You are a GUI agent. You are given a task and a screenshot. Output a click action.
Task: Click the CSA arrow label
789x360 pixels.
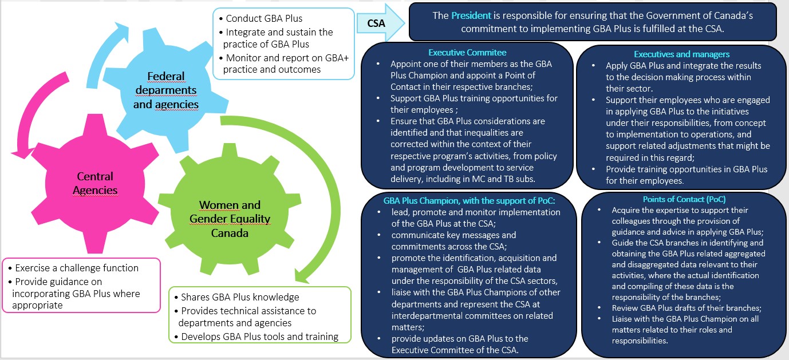click(x=376, y=24)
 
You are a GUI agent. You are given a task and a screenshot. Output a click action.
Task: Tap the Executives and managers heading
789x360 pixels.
click(x=681, y=54)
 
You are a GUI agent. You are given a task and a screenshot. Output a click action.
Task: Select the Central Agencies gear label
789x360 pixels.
click(x=96, y=183)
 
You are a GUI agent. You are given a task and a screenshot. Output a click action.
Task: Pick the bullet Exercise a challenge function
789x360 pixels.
click(x=77, y=268)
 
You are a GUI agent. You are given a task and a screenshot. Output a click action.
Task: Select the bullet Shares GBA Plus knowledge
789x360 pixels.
click(x=239, y=297)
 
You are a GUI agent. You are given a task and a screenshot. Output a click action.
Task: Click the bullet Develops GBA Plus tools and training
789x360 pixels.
click(x=259, y=337)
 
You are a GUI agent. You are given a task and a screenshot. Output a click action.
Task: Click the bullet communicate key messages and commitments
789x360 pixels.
click(x=453, y=240)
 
